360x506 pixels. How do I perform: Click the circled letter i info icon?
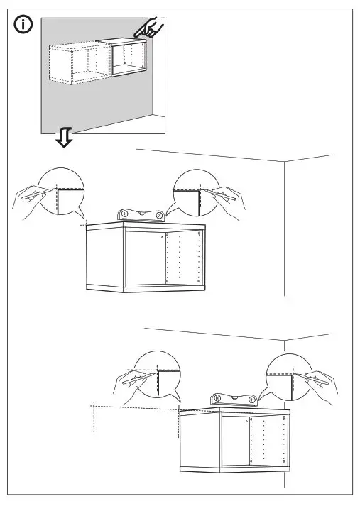(23, 26)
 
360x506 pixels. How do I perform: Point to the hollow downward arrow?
(65, 138)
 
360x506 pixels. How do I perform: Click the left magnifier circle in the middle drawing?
(61, 192)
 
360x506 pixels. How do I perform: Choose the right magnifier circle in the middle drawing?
(196, 192)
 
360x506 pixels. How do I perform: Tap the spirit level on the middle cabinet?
(142, 215)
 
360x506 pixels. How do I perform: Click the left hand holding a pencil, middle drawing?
(27, 199)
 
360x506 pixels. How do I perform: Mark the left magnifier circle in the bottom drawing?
(156, 375)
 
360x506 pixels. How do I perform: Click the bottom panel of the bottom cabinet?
(234, 470)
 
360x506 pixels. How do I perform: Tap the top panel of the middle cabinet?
(145, 226)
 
